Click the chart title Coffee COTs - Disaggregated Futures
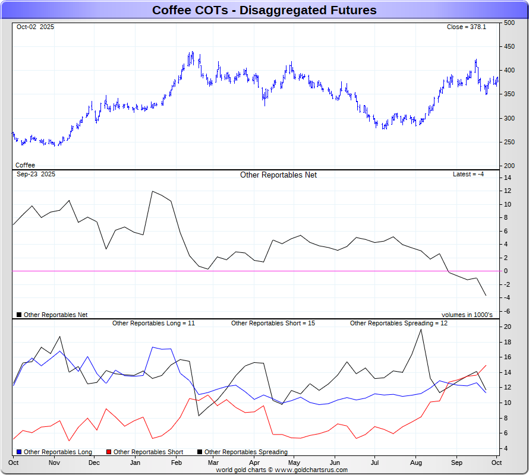pyautogui.click(x=264, y=10)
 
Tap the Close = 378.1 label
pyautogui.click(x=466, y=27)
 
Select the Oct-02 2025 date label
pyautogui.click(x=35, y=27)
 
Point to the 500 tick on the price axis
pyautogui.click(x=509, y=23)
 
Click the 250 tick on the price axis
pyautogui.click(x=509, y=142)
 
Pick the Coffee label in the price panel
pyautogui.click(x=25, y=165)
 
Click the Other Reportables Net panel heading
pyautogui.click(x=278, y=175)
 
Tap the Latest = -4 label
pyautogui.click(x=468, y=174)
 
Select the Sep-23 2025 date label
pyautogui.click(x=36, y=174)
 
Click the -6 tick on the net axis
pyautogui.click(x=507, y=311)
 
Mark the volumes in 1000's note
pyautogui.click(x=467, y=315)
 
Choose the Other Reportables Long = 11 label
pyautogui.click(x=153, y=323)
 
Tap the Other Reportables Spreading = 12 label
pyautogui.click(x=398, y=323)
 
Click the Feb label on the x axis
pyautogui.click(x=177, y=462)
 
